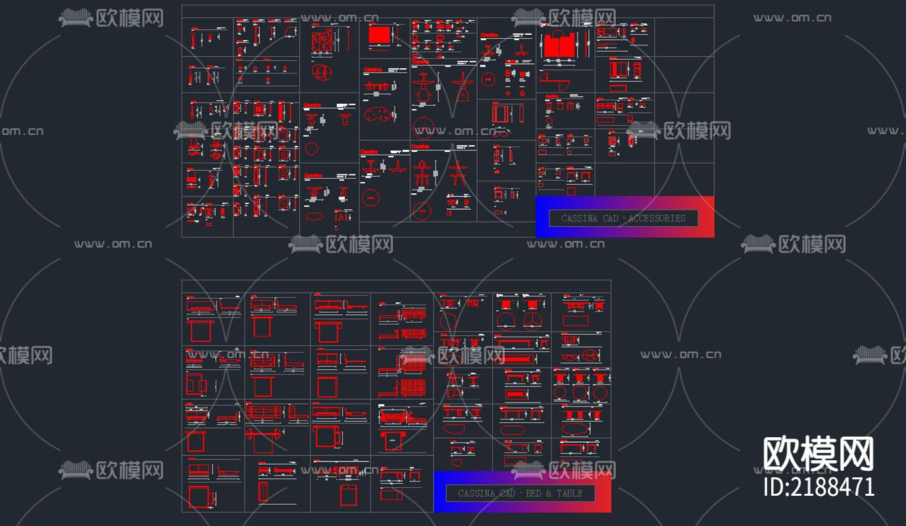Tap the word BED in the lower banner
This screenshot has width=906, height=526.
point(534,493)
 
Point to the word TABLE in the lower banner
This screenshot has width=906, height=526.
point(570,493)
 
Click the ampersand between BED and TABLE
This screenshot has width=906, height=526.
point(549,493)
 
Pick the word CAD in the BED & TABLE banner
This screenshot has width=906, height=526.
point(507,493)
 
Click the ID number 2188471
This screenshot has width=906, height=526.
point(818,487)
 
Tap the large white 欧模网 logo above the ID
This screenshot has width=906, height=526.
point(818,454)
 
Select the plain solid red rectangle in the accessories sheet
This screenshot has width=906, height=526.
point(379,36)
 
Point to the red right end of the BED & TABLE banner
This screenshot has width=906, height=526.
point(602,492)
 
